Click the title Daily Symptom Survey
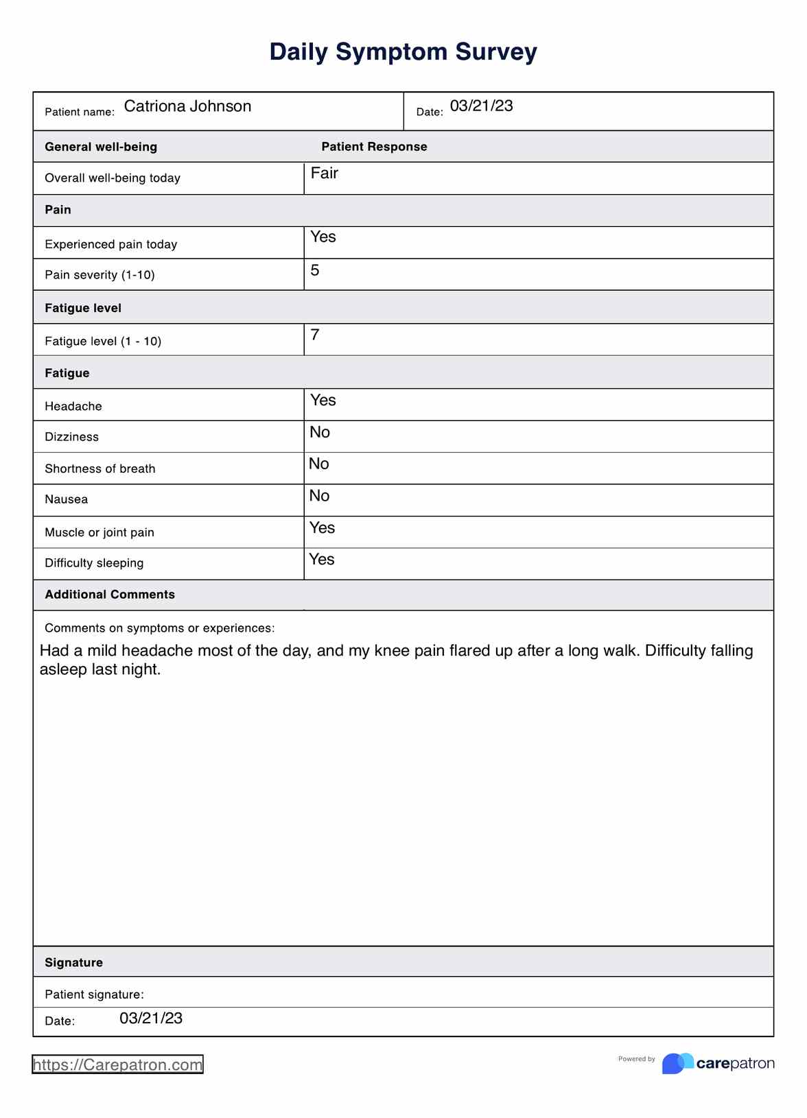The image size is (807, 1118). pos(403,52)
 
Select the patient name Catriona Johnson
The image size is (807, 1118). pos(187,106)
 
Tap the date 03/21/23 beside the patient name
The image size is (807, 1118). pos(481,106)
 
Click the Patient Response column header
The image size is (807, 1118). pos(374,147)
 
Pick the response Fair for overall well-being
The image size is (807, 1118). pos(324,173)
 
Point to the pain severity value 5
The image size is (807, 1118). pos(315,270)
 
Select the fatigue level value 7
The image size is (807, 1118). pos(315,335)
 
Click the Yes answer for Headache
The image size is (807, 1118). pos(323,400)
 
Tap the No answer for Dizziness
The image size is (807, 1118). pos(320,432)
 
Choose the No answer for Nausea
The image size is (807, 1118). pos(319,496)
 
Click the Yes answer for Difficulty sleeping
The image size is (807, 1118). pos(321,560)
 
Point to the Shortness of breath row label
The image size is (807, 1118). pos(100,469)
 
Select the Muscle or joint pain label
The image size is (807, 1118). pos(100,532)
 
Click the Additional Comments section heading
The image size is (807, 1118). pos(110,595)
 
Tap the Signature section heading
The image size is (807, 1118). pos(73,962)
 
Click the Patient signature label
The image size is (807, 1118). pos(94,995)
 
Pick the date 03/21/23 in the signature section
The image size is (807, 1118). pos(151,1019)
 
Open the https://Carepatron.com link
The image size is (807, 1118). pos(117,1065)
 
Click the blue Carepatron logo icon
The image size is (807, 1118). pos(677,1063)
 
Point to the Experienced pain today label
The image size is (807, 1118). pos(110,244)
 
